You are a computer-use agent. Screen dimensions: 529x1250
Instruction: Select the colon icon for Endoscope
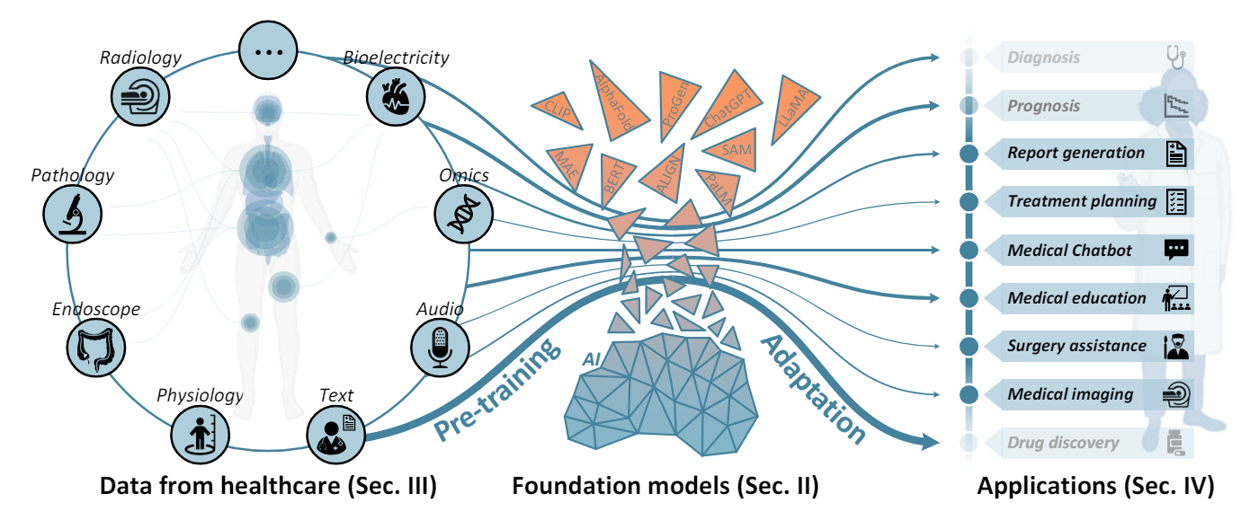tap(94, 346)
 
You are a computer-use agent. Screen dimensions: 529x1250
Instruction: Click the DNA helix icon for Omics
tap(460, 213)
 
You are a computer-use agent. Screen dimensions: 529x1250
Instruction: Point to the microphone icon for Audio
tap(438, 346)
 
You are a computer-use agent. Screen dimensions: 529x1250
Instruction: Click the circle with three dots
tap(268, 51)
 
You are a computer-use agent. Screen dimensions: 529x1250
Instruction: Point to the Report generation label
tap(1076, 153)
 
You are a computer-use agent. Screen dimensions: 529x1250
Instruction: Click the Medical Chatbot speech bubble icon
tap(1175, 250)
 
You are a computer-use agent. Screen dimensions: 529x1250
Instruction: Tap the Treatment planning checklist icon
tap(1175, 201)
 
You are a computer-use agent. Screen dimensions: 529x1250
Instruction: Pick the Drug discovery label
tap(1063, 442)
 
